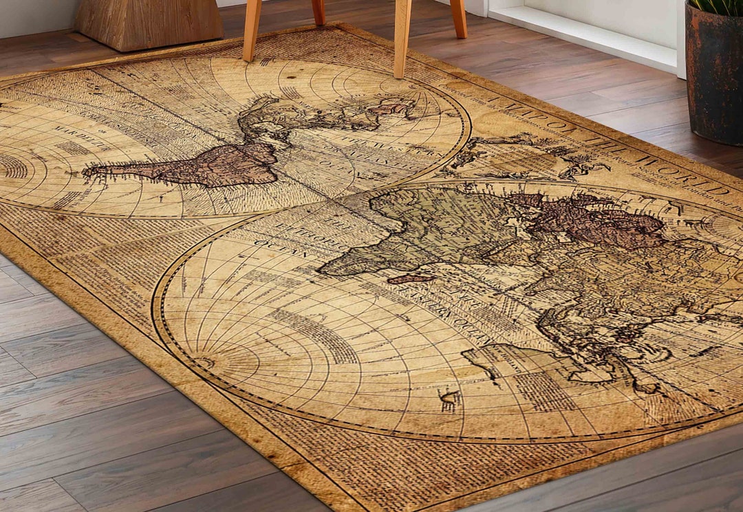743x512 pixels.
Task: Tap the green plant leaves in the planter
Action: coord(719,7)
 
